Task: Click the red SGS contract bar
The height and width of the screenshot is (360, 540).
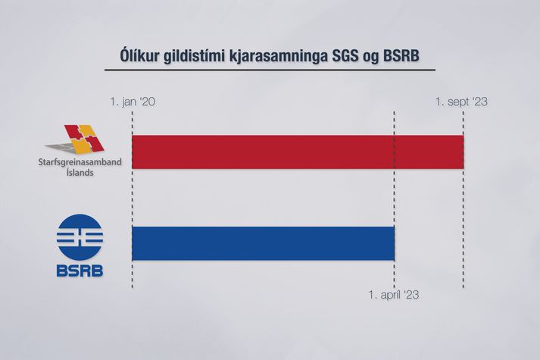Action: click(298, 152)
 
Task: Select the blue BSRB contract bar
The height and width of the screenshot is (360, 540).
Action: click(263, 243)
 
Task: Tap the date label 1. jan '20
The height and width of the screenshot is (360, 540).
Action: click(133, 102)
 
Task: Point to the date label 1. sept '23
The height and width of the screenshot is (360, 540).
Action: click(461, 102)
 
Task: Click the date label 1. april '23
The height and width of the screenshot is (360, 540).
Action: click(394, 295)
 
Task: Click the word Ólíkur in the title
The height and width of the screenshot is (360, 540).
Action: click(139, 56)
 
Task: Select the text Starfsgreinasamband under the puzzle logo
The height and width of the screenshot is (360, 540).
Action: click(80, 162)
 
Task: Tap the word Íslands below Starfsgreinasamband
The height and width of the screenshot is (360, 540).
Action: click(80, 172)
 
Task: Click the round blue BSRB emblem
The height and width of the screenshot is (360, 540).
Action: click(80, 237)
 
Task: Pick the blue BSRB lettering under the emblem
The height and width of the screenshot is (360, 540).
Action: click(80, 271)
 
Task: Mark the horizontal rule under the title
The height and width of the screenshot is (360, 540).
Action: click(270, 70)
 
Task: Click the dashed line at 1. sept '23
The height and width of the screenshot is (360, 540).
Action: click(464, 200)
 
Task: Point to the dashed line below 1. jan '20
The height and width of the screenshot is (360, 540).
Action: click(133, 200)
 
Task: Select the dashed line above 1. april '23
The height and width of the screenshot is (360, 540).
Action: click(395, 200)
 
